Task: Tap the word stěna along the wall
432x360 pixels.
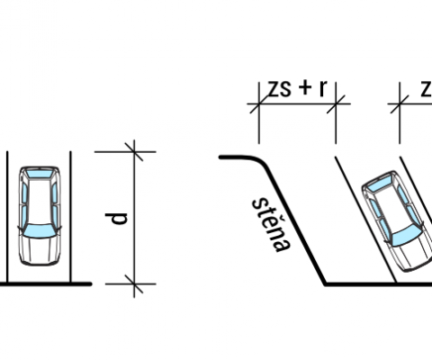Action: click(x=272, y=224)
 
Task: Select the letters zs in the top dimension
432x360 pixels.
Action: click(x=279, y=88)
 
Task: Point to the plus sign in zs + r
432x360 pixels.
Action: click(x=305, y=88)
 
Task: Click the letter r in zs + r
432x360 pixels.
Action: click(x=323, y=89)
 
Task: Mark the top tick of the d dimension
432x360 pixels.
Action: click(x=134, y=152)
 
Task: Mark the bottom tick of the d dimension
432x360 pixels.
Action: click(x=134, y=283)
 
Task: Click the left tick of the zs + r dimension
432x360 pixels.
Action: click(x=259, y=104)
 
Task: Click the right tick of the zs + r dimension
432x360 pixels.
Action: click(x=336, y=104)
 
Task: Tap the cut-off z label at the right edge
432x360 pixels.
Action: click(x=426, y=89)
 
